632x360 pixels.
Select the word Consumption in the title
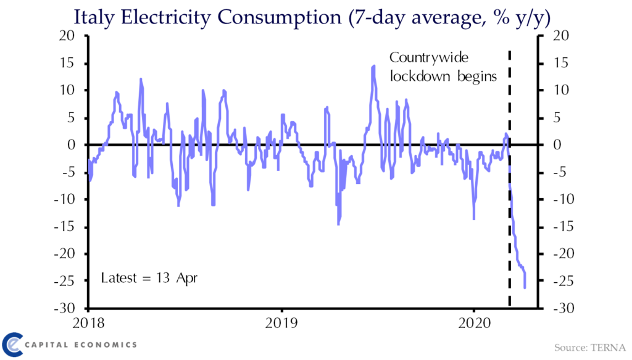[279, 18]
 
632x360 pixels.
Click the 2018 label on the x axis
[88, 323]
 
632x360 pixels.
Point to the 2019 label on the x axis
[281, 323]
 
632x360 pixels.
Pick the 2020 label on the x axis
[475, 323]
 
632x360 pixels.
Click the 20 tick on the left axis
[67, 36]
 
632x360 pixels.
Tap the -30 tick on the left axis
[64, 308]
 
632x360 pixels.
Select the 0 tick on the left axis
[72, 144]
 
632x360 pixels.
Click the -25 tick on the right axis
[563, 281]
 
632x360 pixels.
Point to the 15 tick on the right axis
[560, 63]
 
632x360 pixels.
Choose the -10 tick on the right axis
[563, 199]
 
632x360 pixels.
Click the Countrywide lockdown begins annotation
[443, 67]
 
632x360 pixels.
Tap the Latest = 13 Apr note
[149, 278]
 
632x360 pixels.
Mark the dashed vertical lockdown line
[509, 178]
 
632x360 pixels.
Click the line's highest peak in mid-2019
[373, 66]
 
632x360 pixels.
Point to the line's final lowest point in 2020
[525, 287]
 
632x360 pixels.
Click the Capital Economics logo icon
[12, 345]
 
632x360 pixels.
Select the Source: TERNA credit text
[589, 348]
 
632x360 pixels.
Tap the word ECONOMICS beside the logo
[106, 345]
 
